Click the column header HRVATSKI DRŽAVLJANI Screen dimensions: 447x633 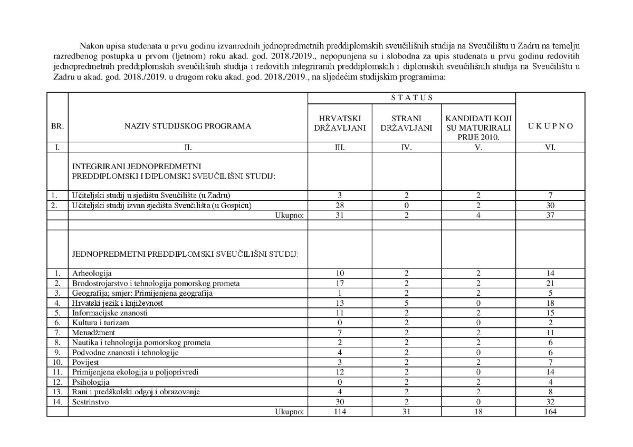pos(340,123)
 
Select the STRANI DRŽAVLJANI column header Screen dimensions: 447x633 pos(406,123)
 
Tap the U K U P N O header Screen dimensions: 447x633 pos(550,127)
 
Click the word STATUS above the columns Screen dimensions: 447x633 pos(411,98)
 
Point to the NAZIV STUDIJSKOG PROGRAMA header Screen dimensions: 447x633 pos(188,127)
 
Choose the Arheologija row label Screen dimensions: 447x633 pos(92,274)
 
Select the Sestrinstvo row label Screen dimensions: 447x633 pos(90,402)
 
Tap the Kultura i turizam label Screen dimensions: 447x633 pos(100,323)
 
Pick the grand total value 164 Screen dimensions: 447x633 pos(550,412)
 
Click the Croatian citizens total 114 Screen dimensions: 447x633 pos(340,412)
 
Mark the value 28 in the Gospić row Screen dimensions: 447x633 pos(340,205)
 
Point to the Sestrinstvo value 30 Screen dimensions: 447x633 pos(340,402)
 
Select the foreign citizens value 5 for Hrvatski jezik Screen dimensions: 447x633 pos(406,303)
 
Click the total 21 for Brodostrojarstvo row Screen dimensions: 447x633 pos(550,284)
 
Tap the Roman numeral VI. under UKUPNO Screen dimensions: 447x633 pos(550,148)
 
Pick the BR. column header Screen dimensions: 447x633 pos(57,127)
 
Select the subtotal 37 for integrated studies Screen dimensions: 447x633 pos(550,215)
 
